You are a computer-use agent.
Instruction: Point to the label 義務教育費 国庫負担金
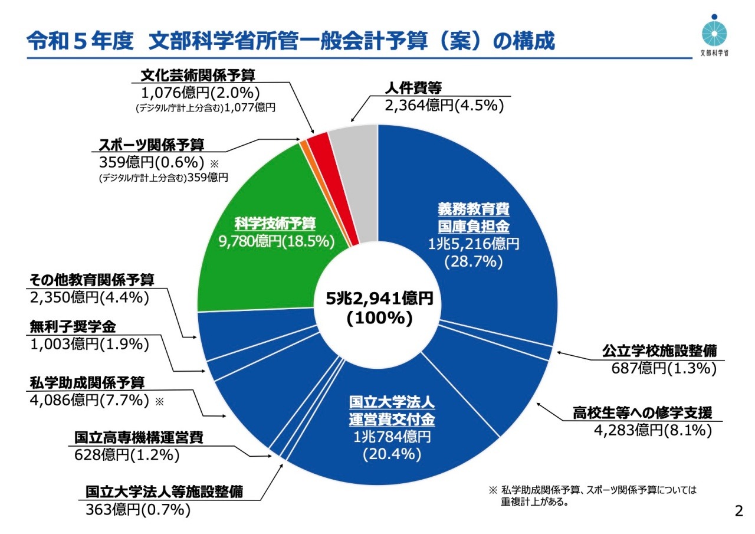point(473,217)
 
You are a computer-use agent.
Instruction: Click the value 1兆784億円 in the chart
point(392,437)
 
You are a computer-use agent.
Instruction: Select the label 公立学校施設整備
point(659,350)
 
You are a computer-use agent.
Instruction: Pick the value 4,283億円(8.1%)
point(652,431)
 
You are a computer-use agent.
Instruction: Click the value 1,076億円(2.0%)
point(201,91)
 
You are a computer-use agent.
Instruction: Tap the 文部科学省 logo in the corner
point(713,33)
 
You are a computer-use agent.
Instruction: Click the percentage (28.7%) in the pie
point(474,261)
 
